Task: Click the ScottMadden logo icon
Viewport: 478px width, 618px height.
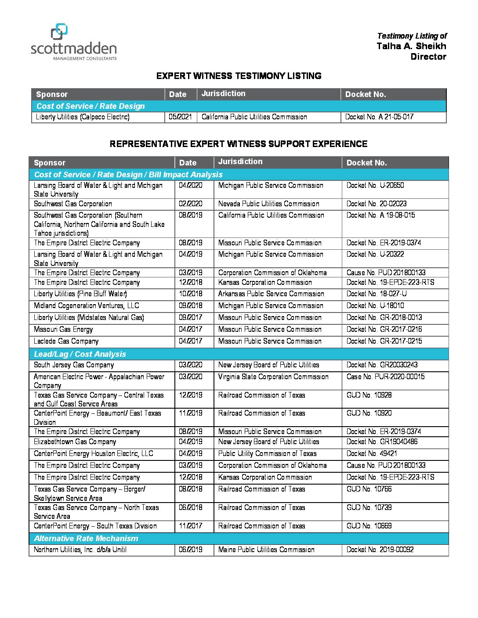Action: tap(59, 32)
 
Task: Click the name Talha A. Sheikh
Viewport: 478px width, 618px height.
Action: tap(411, 46)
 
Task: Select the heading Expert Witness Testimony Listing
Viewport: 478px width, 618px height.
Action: tap(239, 76)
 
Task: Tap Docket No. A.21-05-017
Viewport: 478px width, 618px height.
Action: tap(379, 117)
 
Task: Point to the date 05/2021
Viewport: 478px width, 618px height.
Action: tap(180, 117)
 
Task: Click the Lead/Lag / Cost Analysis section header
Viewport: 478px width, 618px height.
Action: tap(80, 354)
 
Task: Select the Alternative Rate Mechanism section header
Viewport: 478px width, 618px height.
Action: tap(86, 539)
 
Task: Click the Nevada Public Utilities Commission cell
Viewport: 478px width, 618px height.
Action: tap(268, 204)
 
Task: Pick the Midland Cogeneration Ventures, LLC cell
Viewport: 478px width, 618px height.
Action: tap(87, 306)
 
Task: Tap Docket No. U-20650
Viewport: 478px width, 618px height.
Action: tap(375, 186)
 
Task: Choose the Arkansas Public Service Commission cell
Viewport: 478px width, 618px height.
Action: tap(271, 294)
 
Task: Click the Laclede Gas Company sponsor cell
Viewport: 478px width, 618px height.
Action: tap(66, 341)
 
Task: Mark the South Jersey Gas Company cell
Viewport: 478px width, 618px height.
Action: tap(74, 365)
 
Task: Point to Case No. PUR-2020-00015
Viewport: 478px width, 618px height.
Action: tap(385, 377)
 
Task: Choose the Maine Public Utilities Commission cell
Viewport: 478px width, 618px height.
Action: tap(266, 550)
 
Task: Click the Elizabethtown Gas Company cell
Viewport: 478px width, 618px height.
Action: tap(75, 442)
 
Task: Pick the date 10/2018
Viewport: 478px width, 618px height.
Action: tap(190, 294)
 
